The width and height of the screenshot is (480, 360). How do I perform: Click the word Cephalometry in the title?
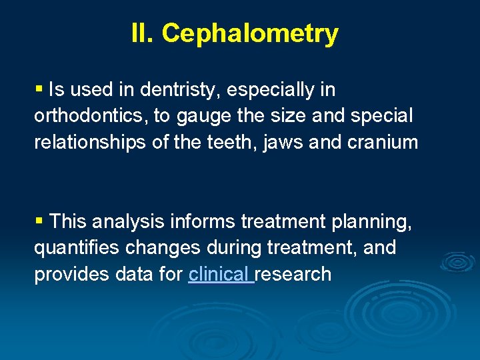(249, 33)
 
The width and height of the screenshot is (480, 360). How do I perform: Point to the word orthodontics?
(91, 116)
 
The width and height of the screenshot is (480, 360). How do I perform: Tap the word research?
(294, 274)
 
